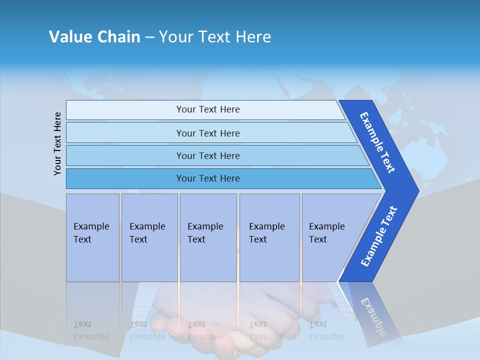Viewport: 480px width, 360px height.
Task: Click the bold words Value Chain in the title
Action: (x=94, y=37)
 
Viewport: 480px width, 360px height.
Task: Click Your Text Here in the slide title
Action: (x=215, y=37)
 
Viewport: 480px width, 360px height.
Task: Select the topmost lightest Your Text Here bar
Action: (x=208, y=109)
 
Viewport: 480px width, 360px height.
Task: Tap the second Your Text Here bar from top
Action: (x=208, y=133)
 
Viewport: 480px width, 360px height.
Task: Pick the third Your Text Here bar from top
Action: (x=208, y=155)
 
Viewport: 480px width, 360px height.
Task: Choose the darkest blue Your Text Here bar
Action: (x=208, y=178)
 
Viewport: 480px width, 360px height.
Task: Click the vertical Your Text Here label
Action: (x=57, y=143)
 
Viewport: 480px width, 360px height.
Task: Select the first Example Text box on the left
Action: (x=92, y=237)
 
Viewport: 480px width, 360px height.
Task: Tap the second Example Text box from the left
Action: (x=149, y=237)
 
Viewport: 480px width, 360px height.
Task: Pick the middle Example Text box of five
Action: (x=207, y=237)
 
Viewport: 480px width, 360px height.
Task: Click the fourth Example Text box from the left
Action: (x=269, y=237)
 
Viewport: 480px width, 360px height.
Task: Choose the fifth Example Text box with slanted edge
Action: (x=330, y=237)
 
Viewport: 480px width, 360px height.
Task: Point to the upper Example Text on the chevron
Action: (x=377, y=142)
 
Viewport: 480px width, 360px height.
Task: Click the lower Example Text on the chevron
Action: (x=378, y=236)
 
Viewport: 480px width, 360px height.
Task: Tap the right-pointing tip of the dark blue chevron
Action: (x=417, y=191)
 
